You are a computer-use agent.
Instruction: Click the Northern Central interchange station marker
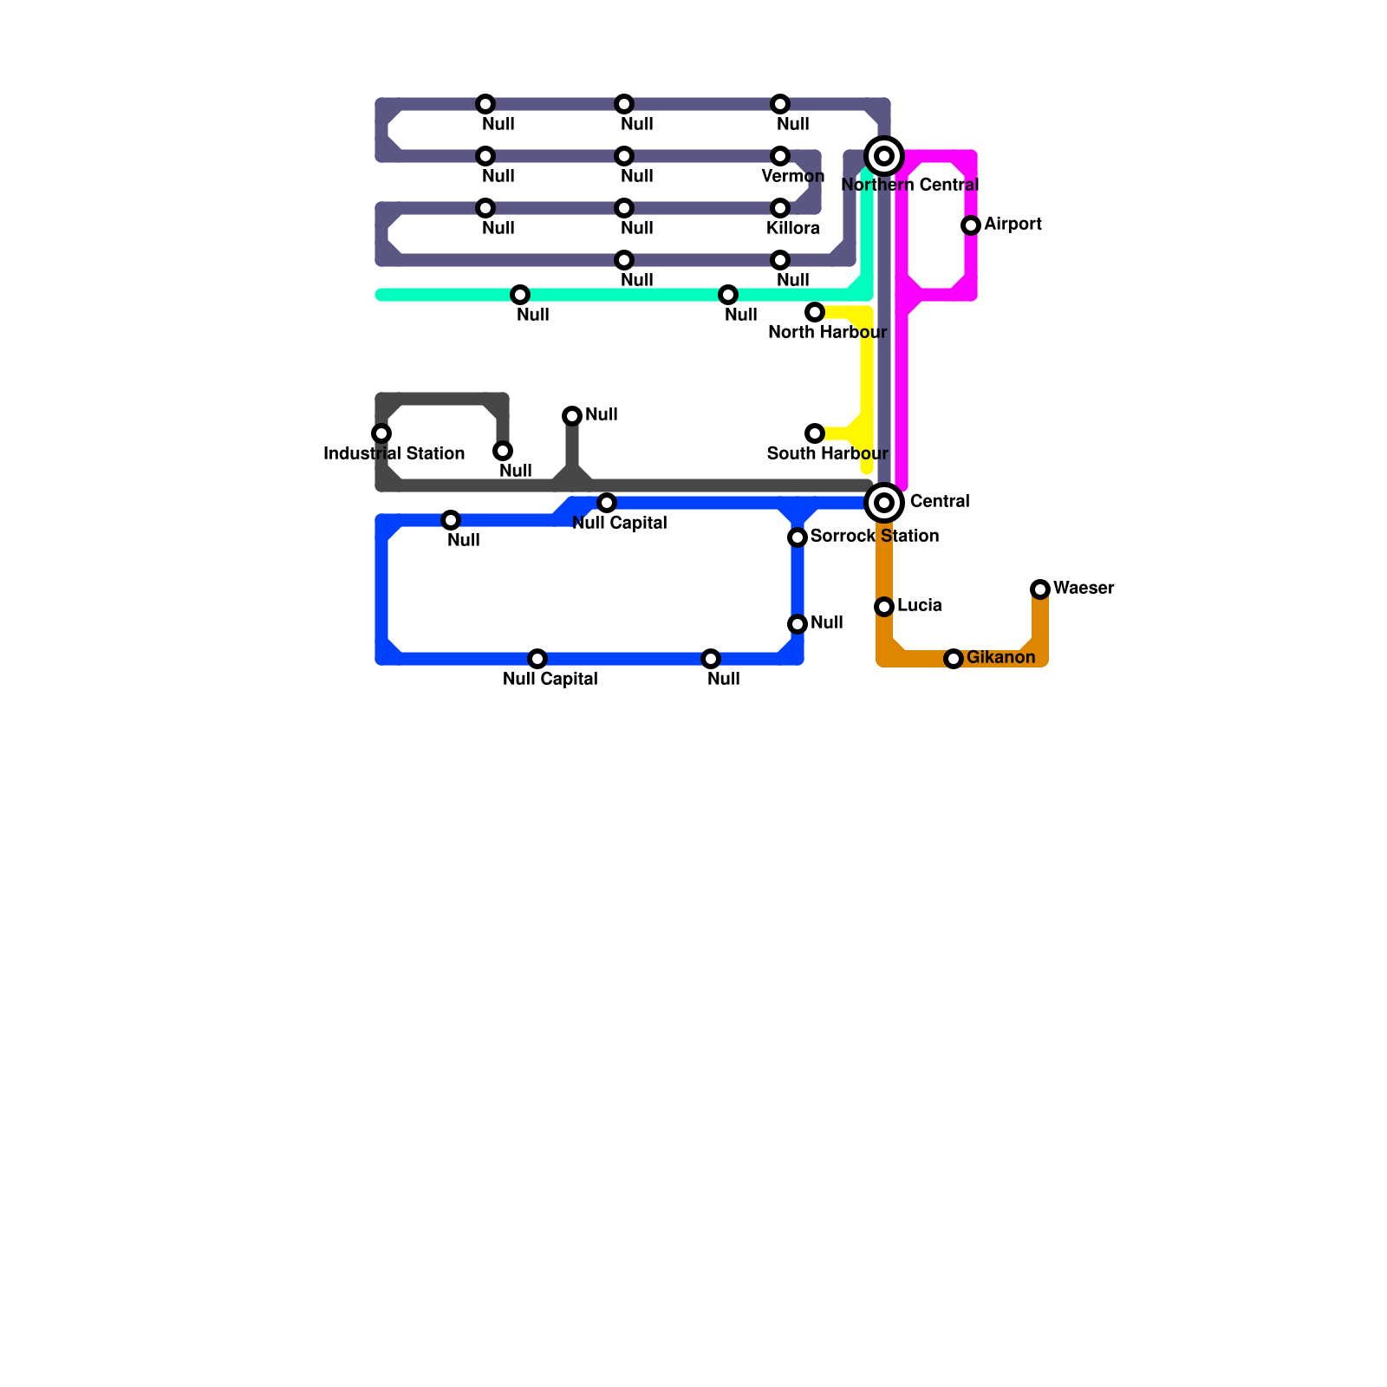pos(884,156)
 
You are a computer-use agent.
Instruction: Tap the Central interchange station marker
pos(884,503)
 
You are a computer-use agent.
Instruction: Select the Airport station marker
pos(971,225)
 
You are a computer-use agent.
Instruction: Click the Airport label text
pos(1013,225)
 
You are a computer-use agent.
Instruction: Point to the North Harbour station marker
pos(815,312)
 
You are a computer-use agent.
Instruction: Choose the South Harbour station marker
pos(815,433)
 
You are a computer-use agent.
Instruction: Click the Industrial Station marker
pos(381,433)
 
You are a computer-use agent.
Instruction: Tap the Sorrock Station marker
pos(798,537)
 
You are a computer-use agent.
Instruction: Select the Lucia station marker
pos(884,607)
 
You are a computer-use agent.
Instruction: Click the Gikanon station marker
pos(954,659)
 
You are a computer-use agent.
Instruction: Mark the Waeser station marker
pos(1040,589)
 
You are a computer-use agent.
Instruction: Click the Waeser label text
pos(1084,589)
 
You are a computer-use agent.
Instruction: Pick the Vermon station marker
pos(780,156)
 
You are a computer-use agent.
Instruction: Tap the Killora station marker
pos(780,208)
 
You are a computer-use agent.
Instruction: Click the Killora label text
pos(792,229)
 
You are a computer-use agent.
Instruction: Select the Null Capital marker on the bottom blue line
pos(537,659)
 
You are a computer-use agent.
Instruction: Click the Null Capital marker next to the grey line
pos(607,503)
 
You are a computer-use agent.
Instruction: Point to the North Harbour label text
pos(827,333)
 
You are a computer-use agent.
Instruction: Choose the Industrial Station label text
pos(394,454)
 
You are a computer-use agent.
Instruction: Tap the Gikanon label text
pos(1000,658)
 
